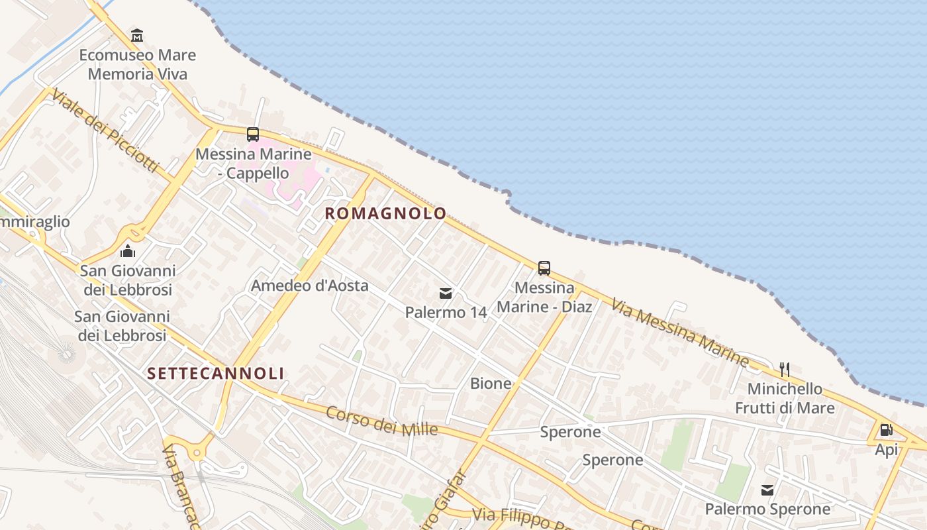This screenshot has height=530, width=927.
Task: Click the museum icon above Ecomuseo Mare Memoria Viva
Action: click(x=137, y=35)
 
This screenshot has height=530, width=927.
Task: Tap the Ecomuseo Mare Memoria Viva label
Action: click(x=137, y=64)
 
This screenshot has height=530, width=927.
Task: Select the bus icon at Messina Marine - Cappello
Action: click(x=253, y=134)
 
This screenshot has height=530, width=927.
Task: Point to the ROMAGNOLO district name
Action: click(x=385, y=213)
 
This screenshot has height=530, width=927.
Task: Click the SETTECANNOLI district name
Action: click(x=216, y=374)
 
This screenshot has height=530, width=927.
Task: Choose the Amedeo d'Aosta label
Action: click(x=309, y=286)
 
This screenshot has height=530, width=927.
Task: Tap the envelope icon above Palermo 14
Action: click(x=446, y=293)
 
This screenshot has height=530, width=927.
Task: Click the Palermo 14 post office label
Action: click(x=446, y=312)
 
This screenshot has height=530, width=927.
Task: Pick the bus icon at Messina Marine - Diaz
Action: click(x=544, y=268)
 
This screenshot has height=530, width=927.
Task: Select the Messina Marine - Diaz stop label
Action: click(x=544, y=297)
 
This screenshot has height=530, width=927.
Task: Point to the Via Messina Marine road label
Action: click(x=680, y=332)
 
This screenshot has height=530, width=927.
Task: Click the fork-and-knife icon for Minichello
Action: click(x=785, y=369)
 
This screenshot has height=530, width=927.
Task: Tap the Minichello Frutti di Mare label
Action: click(x=785, y=398)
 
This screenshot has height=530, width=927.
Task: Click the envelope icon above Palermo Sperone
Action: click(x=767, y=490)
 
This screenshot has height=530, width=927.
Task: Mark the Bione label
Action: click(x=491, y=383)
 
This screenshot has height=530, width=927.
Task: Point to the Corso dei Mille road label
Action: click(x=382, y=421)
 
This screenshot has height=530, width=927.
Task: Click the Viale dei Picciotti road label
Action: click(x=105, y=130)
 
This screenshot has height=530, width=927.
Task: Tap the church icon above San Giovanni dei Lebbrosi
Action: click(x=128, y=251)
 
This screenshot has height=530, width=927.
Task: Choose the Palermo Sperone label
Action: click(x=767, y=509)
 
